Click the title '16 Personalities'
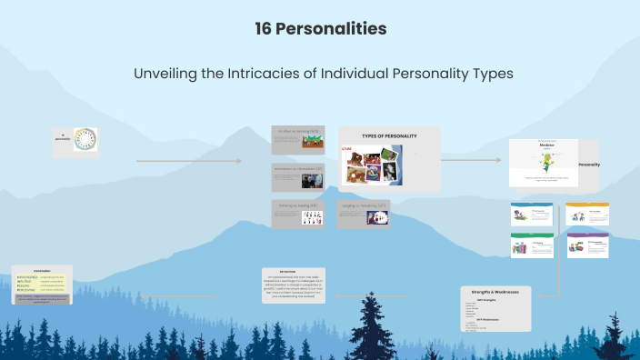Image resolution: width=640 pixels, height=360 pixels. tap(321, 29)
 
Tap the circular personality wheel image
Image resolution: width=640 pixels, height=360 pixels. tap(85, 139)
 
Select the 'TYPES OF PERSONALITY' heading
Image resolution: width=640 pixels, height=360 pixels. tap(389, 135)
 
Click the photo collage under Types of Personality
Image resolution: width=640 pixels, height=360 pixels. tap(371, 165)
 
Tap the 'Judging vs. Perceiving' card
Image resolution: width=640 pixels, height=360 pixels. tap(364, 213)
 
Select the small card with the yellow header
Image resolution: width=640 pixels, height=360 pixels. tap(587, 215)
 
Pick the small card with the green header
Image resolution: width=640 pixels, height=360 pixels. tap(532, 245)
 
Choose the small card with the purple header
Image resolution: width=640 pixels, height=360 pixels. tap(587, 245)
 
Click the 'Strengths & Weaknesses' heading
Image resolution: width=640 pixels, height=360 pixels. tap(496, 292)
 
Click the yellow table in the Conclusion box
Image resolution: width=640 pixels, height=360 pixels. tap(41, 283)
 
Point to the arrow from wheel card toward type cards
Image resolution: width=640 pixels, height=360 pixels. tap(189, 162)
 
